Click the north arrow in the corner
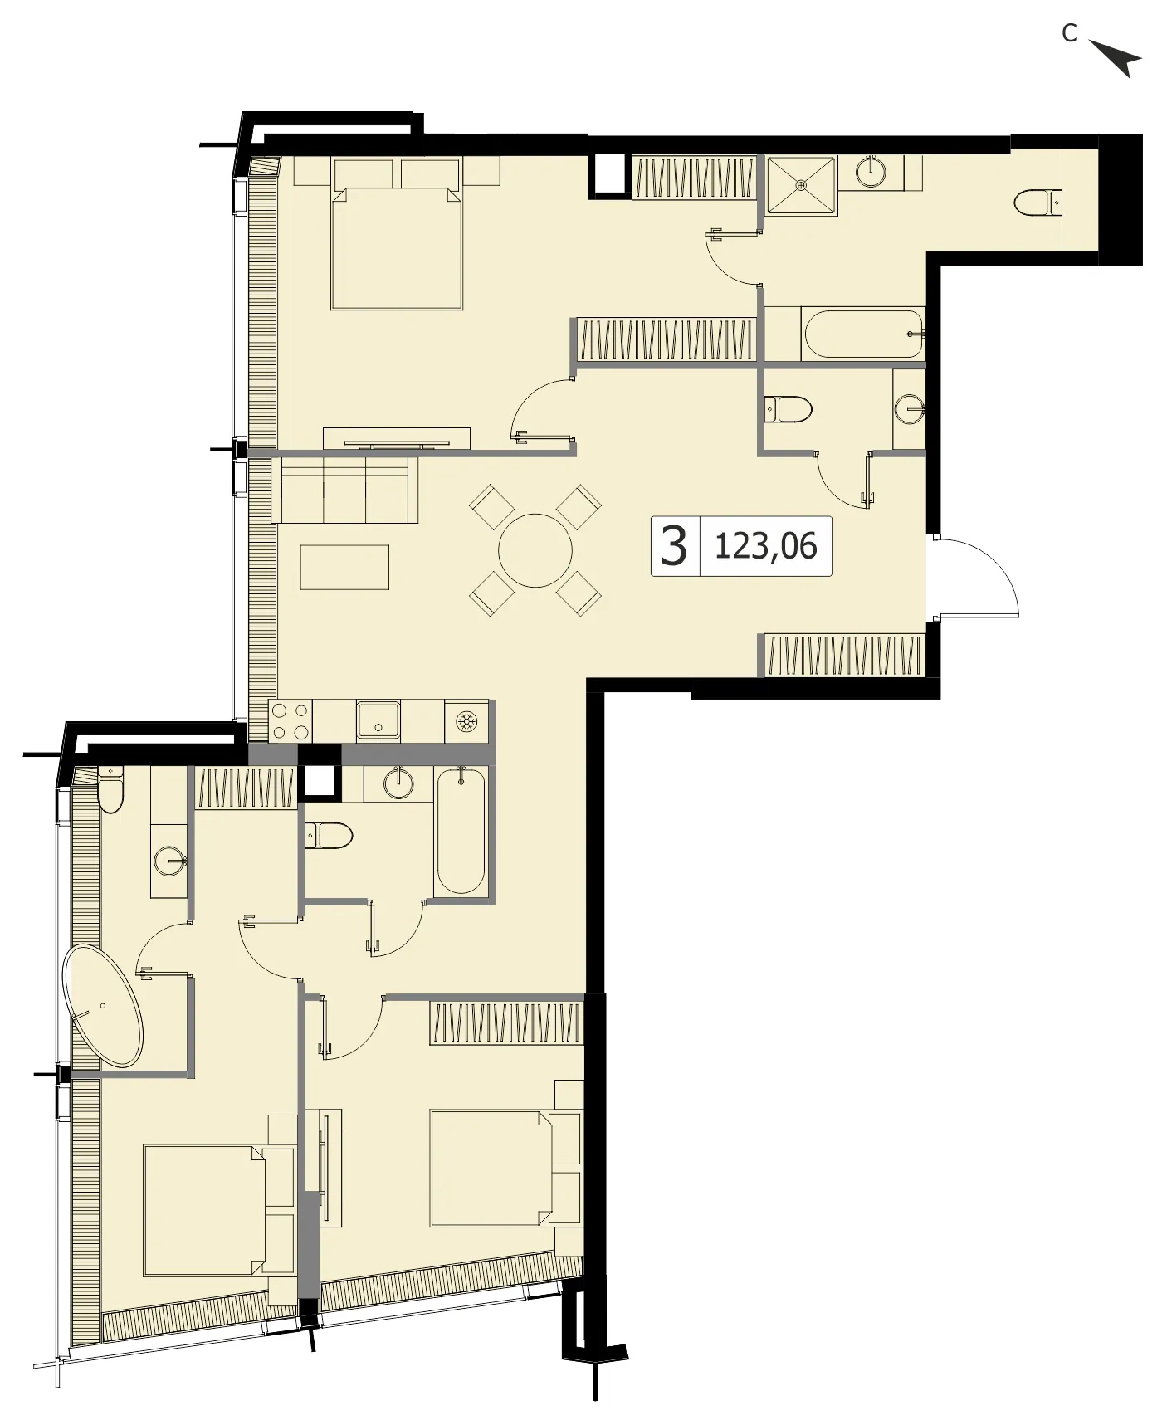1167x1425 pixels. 1119,58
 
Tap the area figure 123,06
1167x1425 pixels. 765,546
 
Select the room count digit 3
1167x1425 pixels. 674,546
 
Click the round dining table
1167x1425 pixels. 535,550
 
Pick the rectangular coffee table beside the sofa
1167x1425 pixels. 344,567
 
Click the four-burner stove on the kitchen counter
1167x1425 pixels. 291,721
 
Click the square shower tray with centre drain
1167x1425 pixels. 801,184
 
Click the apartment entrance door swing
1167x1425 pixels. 974,576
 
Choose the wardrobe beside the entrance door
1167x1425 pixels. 844,655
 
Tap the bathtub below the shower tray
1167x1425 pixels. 864,334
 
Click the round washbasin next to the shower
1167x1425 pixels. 872,172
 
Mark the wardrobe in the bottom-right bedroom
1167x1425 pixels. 506,1022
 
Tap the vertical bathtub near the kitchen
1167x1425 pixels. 461,830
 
